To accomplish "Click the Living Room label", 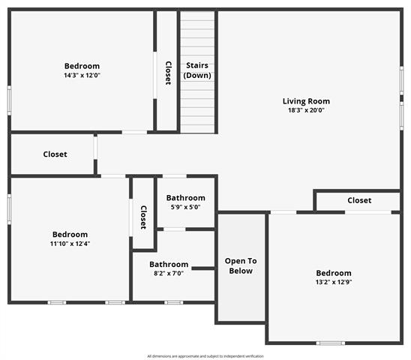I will [306, 101].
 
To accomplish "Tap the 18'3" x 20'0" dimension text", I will [306, 110].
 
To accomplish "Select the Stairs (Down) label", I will [197, 70].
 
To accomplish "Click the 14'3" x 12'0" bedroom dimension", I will [82, 75].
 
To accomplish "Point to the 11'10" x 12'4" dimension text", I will [70, 244].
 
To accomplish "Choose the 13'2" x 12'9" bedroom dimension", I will [333, 282].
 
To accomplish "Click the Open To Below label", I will [241, 265].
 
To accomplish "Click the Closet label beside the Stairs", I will [168, 72].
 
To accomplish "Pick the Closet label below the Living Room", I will [359, 200].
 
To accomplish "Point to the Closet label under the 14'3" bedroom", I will [55, 154].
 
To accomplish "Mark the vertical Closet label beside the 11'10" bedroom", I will [143, 217].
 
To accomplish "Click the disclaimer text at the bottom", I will [205, 355].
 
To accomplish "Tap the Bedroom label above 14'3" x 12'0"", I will [82, 66].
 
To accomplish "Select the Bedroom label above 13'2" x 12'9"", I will [333, 273].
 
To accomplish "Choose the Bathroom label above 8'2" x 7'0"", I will [169, 264].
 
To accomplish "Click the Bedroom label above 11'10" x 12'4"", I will [70, 235].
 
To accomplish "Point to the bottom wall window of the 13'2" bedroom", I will [330, 343].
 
